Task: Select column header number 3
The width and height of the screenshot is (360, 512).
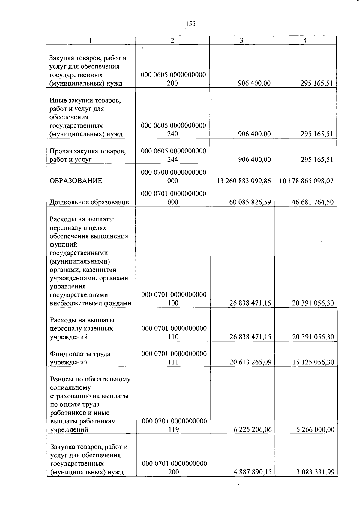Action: pos(241,41)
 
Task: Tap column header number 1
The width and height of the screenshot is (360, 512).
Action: pos(90,41)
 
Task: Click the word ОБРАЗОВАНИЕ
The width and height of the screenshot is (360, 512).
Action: pos(76,181)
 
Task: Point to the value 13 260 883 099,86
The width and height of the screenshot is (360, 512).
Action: pos(244,181)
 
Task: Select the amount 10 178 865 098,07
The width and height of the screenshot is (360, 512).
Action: pos(306,181)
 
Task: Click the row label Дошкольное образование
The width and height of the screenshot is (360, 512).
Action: pos(89,202)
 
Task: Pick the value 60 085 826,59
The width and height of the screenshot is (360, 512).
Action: pos(250,202)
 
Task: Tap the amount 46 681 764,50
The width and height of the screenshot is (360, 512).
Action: pos(313,202)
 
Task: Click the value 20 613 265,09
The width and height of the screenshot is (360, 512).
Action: pos(250,362)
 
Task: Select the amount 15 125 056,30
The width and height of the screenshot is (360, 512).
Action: pos(313,362)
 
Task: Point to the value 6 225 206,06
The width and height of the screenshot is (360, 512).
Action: pos(253,430)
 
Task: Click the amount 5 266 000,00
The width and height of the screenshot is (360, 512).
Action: pos(315,430)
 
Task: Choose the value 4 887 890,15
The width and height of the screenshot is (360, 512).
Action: pos(253,472)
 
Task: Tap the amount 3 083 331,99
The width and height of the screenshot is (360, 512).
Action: pos(315,472)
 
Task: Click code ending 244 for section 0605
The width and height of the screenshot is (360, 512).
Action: pos(173,155)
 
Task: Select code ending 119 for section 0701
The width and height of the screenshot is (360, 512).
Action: pos(174,425)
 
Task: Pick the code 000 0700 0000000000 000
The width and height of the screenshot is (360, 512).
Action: pos(173,176)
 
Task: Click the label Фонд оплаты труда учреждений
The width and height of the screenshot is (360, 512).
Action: pos(80,358)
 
